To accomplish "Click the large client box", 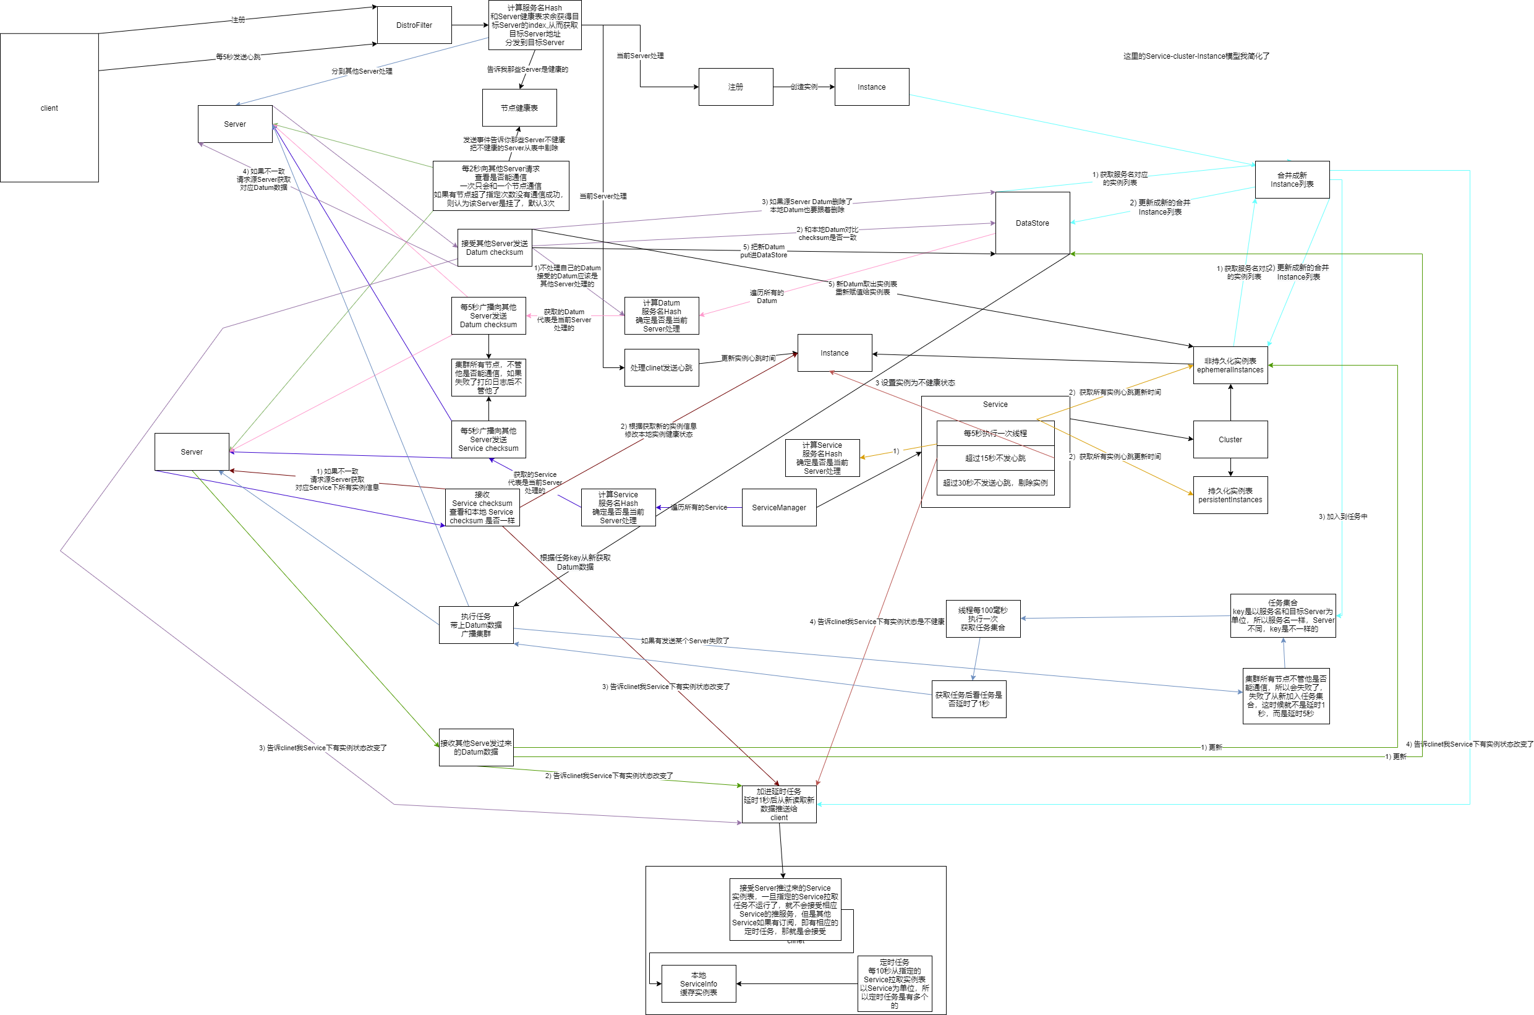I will click(49, 108).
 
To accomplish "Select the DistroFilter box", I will click(414, 25).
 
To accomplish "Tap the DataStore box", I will click(1032, 223).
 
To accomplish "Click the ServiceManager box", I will click(778, 507).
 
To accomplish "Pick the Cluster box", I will click(1230, 440).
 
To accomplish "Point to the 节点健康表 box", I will click(519, 108).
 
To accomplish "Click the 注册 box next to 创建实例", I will click(736, 87).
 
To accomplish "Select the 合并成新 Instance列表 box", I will click(1292, 179).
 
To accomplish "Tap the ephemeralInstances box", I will click(1230, 365).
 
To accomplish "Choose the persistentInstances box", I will click(1230, 495).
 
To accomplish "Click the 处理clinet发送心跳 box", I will click(661, 367).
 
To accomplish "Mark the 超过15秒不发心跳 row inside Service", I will click(995, 458).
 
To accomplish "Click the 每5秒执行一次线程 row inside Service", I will click(995, 433).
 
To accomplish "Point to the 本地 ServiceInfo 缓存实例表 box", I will click(698, 984).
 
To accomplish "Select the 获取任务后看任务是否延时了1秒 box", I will click(968, 699).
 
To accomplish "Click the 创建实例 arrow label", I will click(804, 87).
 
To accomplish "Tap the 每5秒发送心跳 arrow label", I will click(238, 57).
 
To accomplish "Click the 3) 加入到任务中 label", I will click(1342, 516).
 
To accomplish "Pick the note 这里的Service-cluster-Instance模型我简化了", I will click(1196, 56).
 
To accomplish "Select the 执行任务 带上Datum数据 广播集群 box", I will click(475, 625).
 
